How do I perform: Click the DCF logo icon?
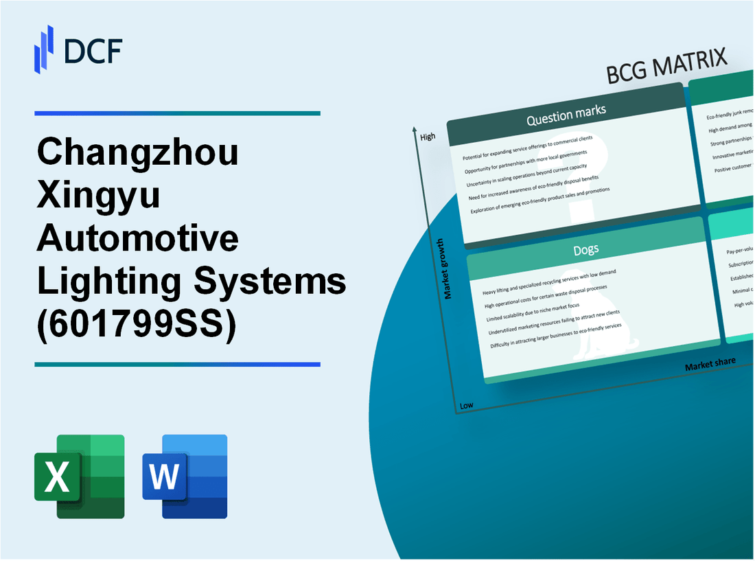pos(45,49)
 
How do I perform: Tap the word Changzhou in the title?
pos(138,152)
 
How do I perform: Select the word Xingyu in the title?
pos(99,196)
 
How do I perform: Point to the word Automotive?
pos(138,239)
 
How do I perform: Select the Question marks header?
pos(566,116)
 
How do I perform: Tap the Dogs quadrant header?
pos(585,250)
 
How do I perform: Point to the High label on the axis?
pos(428,137)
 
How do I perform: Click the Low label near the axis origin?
pos(467,405)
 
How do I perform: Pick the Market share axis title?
pos(710,364)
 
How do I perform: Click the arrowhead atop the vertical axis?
pos(415,130)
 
